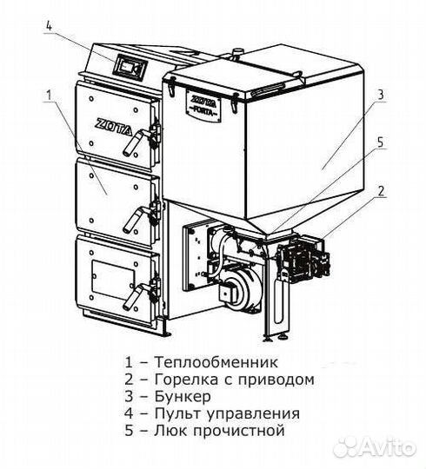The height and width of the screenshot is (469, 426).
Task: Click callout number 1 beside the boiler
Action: (x=50, y=92)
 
